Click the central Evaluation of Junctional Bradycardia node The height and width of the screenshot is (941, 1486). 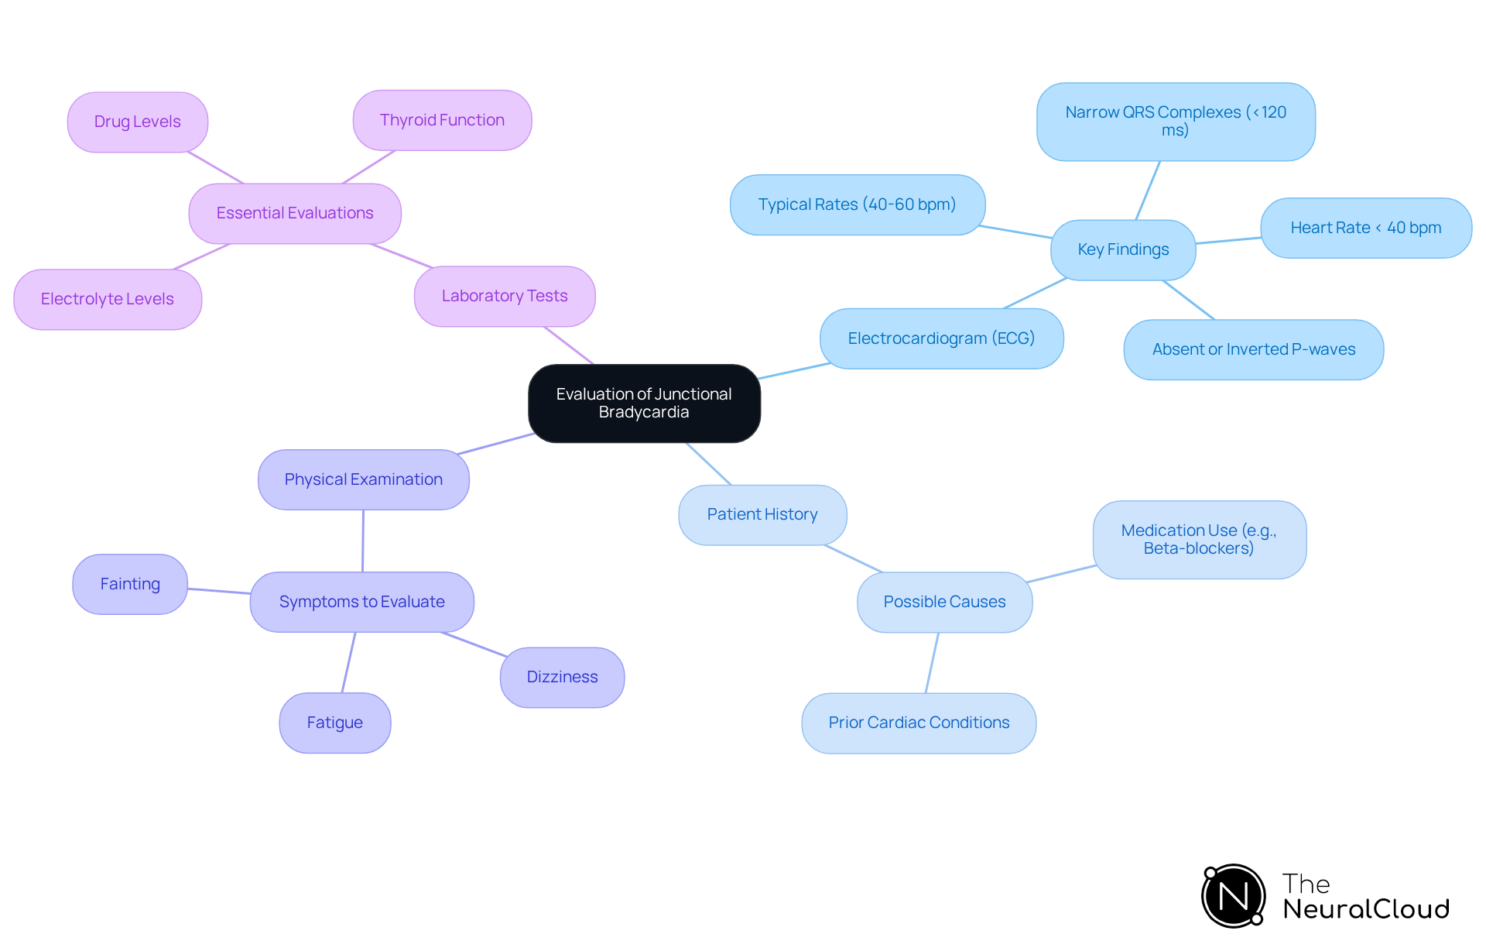pos(644,404)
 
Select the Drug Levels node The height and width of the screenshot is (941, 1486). pos(138,122)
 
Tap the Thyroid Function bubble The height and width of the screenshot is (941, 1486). pos(442,120)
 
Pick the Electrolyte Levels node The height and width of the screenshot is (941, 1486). pos(108,299)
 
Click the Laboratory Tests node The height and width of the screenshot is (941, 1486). pos(505,296)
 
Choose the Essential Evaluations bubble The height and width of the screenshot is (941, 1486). pos(295,213)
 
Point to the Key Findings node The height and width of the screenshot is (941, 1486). pos(1123,249)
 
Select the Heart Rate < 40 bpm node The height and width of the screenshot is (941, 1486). pos(1366,228)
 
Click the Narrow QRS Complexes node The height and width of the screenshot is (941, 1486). pos(1176,122)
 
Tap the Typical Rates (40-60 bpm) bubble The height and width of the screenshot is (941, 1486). pos(857,204)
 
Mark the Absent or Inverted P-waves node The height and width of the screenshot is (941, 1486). pos(1254,349)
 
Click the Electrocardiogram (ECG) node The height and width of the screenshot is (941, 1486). pos(941,338)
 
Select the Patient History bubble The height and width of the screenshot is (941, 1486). pos(762,514)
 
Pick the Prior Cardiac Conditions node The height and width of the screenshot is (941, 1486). pos(919,723)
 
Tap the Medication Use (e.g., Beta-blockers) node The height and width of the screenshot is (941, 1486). pos(1199,540)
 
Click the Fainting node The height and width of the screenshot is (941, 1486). pos(130,584)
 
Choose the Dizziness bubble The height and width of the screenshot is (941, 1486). pos(563,677)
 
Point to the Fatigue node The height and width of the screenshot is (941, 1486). pos(335,723)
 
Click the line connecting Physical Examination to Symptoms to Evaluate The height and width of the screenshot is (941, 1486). pos(363,541)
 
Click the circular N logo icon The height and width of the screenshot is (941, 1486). pos(1234,896)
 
